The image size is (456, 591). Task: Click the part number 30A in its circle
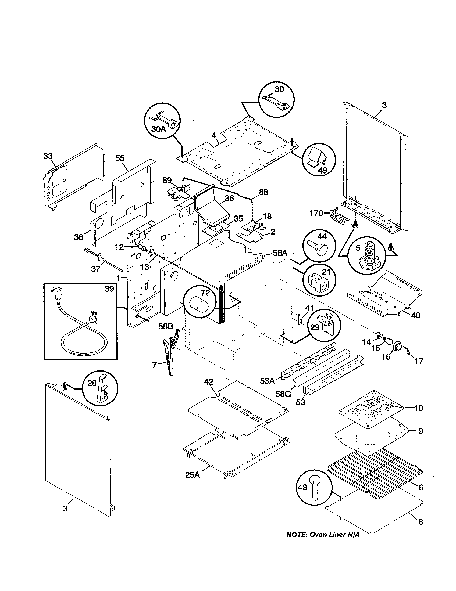[x=158, y=129]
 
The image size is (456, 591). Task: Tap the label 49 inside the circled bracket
[x=322, y=170]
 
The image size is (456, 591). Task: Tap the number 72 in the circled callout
[x=205, y=293]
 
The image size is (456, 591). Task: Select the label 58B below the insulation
[x=165, y=326]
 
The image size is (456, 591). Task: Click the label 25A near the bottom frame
[x=193, y=475]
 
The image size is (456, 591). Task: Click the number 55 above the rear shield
[x=120, y=158]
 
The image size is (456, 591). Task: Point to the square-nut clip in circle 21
[x=319, y=283]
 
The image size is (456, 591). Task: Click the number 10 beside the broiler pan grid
[x=418, y=408]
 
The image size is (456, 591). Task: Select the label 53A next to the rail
[x=267, y=381]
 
